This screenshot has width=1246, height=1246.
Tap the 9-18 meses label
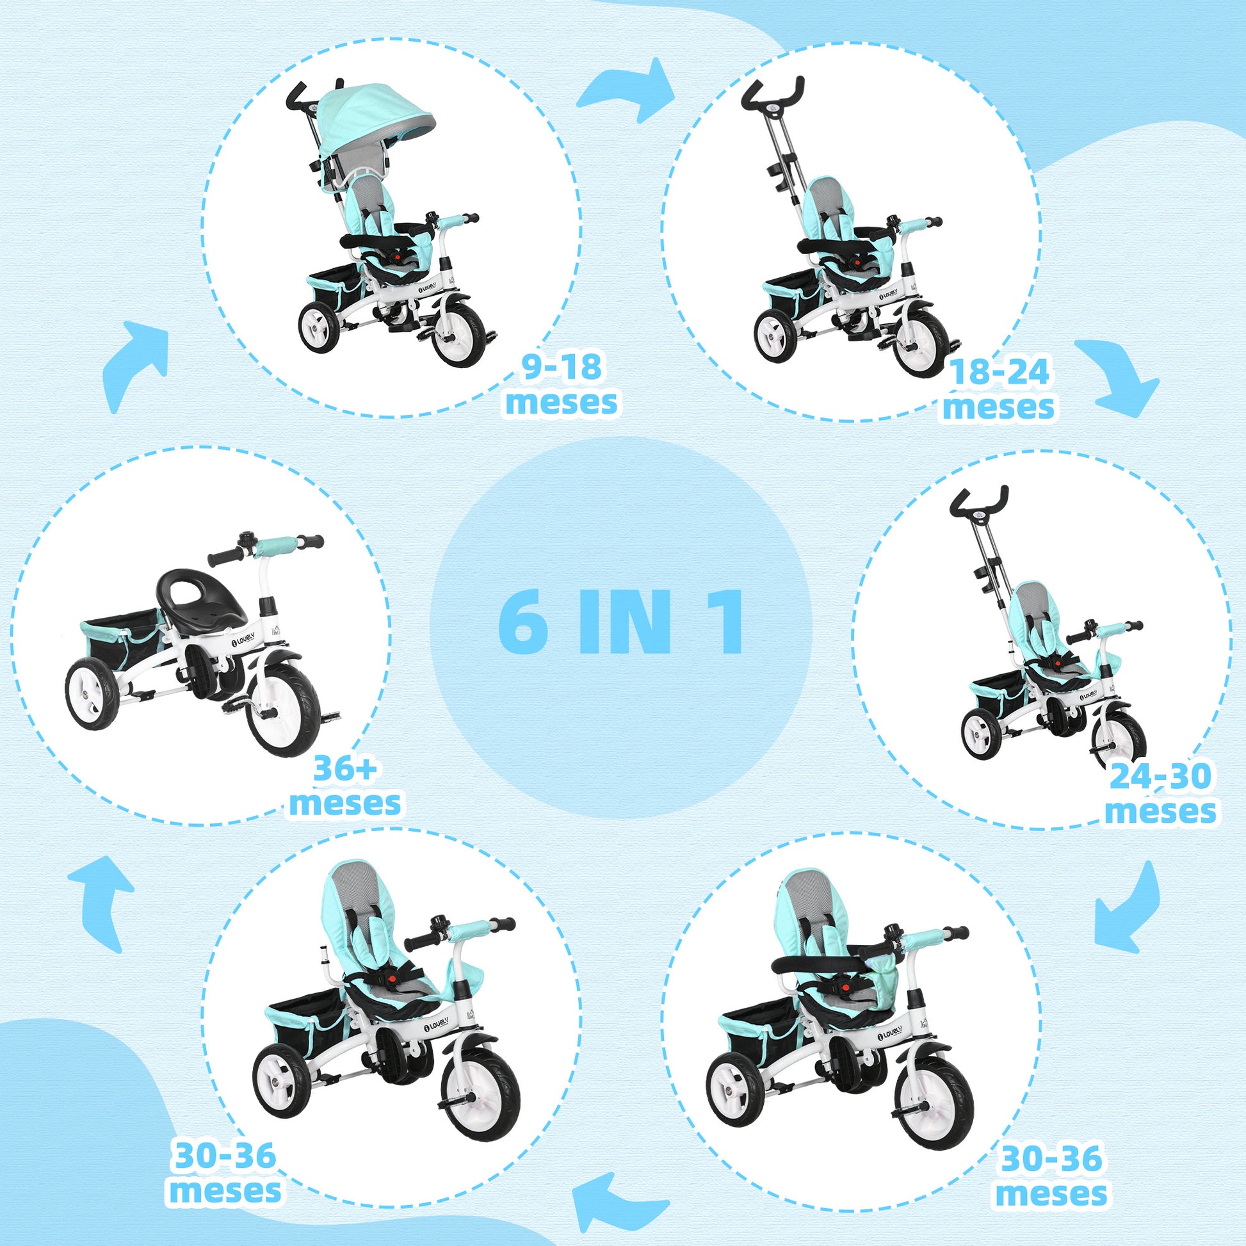click(x=562, y=385)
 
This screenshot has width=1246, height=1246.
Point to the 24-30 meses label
click(x=1160, y=794)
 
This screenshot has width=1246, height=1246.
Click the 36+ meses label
click(x=345, y=786)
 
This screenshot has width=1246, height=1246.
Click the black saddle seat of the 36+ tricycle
click(x=198, y=595)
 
